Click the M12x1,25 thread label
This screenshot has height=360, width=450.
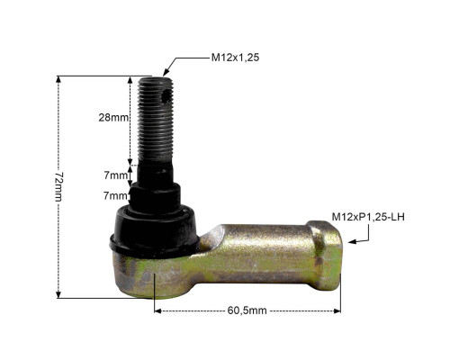click(235, 58)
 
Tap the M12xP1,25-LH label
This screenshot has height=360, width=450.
click(368, 217)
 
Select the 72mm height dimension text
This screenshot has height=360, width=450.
click(59, 186)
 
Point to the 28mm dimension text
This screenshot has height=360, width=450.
click(113, 118)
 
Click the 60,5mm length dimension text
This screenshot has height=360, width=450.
click(247, 310)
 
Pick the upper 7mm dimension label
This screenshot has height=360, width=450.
click(115, 175)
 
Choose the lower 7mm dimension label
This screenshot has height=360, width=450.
click(115, 196)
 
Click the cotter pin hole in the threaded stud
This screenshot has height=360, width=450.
click(166, 97)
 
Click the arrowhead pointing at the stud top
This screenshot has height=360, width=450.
click(166, 72)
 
